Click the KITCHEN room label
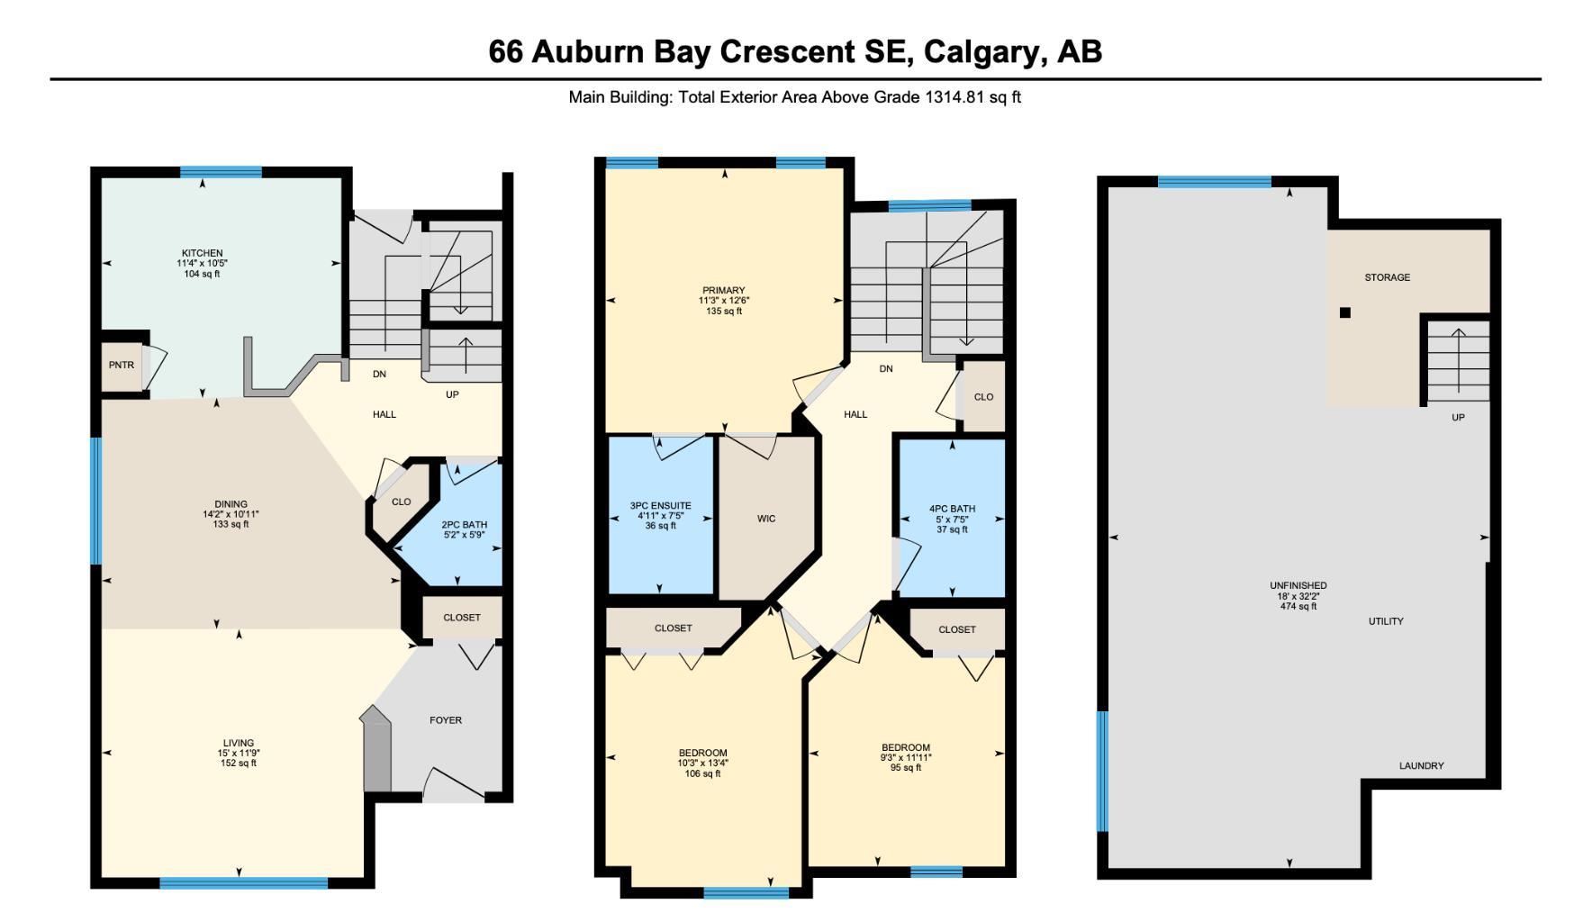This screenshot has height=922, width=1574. point(202,253)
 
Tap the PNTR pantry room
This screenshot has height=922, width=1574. point(122,366)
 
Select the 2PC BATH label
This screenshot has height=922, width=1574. point(464,524)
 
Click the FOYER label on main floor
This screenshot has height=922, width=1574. point(445,720)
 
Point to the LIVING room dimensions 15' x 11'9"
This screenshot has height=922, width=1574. point(239,754)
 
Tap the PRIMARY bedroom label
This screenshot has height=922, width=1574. point(724,290)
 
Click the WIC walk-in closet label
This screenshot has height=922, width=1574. point(766,519)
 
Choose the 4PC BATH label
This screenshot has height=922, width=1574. point(952,509)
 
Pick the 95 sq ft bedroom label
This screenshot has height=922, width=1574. point(906,768)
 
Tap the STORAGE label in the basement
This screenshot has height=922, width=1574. point(1387,277)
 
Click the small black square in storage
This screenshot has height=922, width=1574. point(1345,312)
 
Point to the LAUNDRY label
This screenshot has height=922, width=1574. point(1421,766)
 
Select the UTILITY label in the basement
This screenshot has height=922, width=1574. point(1385,621)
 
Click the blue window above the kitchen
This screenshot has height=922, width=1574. point(221,172)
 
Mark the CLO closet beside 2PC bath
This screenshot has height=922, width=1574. point(401,502)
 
